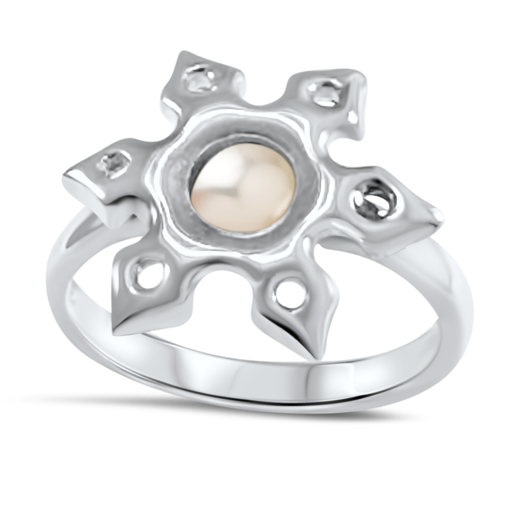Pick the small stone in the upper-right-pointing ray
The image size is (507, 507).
[x=324, y=94]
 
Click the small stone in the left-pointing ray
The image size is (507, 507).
[x=113, y=164]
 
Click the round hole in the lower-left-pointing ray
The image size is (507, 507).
[x=150, y=274]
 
